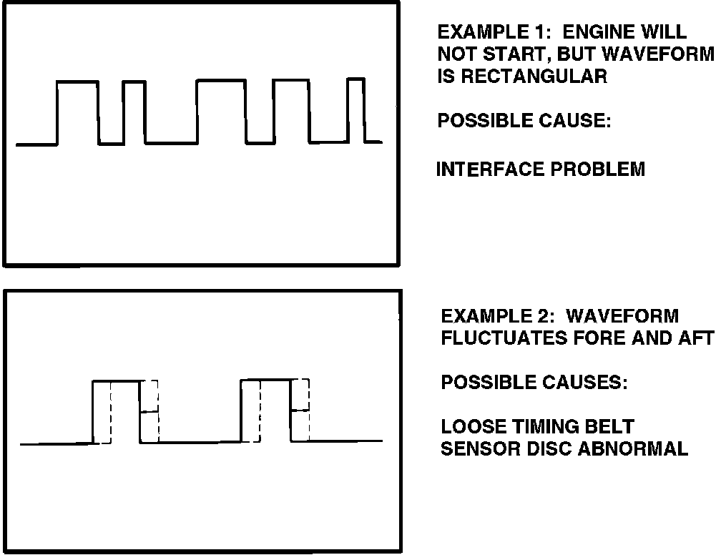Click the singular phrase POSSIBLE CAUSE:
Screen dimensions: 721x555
(x=524, y=121)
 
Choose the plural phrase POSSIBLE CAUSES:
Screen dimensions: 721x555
(x=534, y=383)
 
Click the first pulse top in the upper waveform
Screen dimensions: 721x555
(x=77, y=82)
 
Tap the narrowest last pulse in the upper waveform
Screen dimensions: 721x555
(x=355, y=79)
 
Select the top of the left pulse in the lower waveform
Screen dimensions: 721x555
(x=117, y=381)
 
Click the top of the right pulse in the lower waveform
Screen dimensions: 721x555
(x=266, y=380)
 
